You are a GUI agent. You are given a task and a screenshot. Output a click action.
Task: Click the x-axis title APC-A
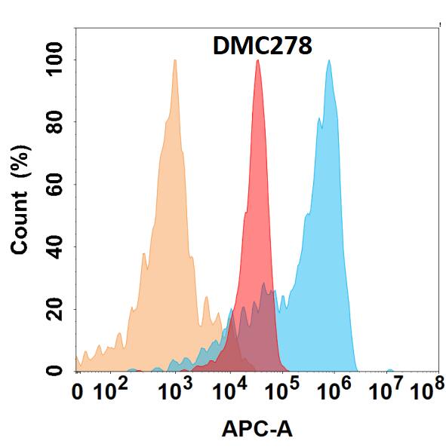(257, 429)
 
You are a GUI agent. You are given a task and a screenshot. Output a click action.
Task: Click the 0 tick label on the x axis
(77, 393)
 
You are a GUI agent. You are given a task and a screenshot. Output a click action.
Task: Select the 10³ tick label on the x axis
(176, 391)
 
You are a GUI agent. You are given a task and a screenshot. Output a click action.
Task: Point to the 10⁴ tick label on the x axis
(229, 391)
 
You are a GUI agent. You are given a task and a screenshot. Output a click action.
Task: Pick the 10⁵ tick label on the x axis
(281, 391)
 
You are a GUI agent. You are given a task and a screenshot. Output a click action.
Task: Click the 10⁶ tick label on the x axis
(334, 391)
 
